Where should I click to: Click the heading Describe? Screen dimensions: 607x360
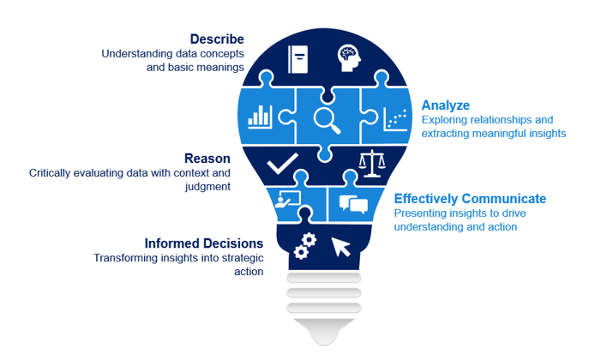pos(217,39)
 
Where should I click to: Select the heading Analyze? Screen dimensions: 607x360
pos(446,105)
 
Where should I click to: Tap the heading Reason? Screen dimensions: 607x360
pos(207,159)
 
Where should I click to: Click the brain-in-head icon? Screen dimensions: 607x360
pos(349,58)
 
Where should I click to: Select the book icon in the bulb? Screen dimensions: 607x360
pos(298,59)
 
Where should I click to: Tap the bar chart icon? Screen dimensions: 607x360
pos(260,117)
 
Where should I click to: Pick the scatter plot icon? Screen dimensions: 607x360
pos(395,118)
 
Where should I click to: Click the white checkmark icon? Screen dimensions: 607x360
pos(283,163)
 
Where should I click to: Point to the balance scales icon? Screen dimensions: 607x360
pos(371,164)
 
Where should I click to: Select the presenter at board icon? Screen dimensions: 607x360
pos(287,200)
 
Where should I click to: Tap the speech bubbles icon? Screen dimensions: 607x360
pos(353,204)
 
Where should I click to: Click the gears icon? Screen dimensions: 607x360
pos(305,246)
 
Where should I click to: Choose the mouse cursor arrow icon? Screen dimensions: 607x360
pos(340,247)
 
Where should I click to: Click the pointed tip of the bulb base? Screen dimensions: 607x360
pos(324,345)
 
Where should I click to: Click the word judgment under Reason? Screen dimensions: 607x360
pos(207,187)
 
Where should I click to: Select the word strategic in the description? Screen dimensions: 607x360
pos(243,258)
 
